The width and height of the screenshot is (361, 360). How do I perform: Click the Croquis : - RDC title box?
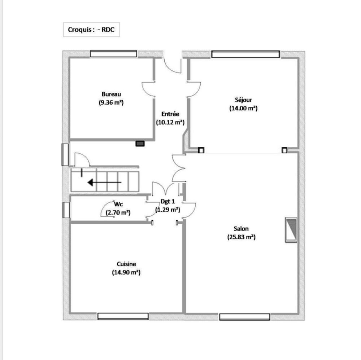[91, 30]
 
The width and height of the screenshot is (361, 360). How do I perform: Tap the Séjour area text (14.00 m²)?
[243, 108]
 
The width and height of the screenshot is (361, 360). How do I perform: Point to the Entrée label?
[170, 114]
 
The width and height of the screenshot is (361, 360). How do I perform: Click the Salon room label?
[241, 229]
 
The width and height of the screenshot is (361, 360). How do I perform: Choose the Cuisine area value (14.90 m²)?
[126, 273]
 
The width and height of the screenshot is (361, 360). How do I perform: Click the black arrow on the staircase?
[104, 183]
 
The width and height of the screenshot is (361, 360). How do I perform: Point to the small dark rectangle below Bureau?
[140, 144]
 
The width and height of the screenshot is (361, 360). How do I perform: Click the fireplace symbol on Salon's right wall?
[291, 230]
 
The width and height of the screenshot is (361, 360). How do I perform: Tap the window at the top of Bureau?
[113, 54]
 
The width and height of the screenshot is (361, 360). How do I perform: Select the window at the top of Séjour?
[245, 54]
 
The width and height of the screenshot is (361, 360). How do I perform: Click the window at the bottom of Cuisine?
[123, 316]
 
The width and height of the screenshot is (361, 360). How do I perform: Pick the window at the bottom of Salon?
[245, 317]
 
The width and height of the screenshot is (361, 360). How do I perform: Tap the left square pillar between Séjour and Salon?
[201, 150]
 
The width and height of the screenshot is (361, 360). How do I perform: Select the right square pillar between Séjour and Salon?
[284, 150]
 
